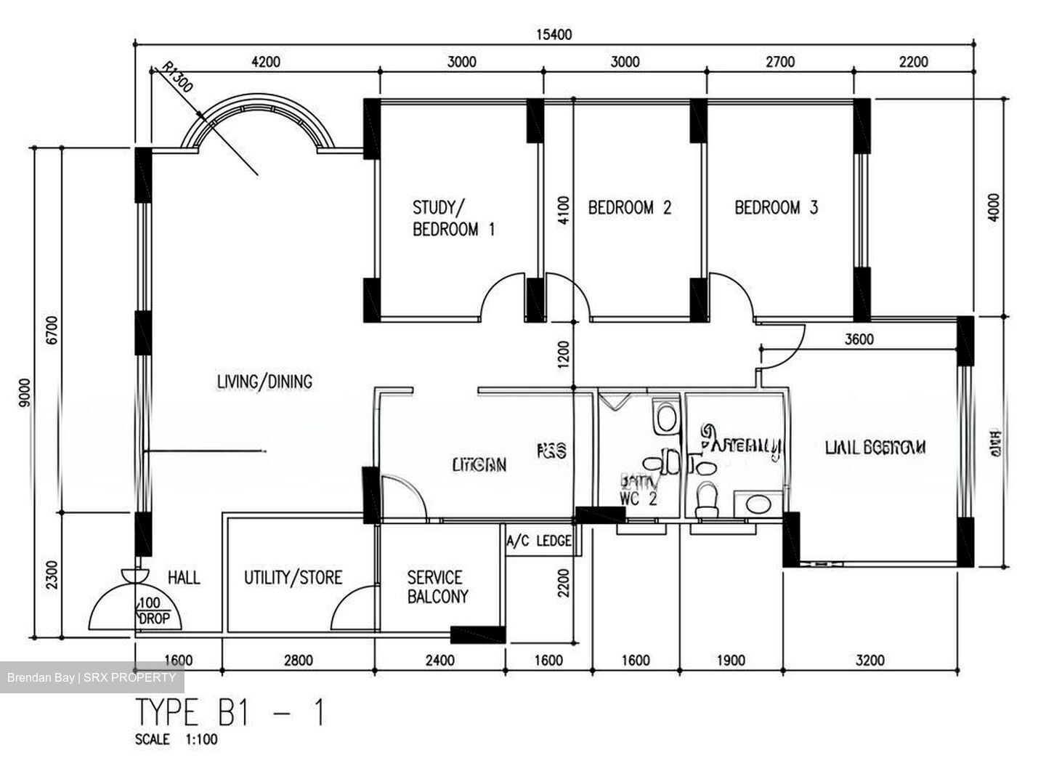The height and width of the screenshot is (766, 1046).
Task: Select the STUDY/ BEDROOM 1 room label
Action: [453, 219]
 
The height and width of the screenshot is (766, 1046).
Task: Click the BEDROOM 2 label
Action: [629, 208]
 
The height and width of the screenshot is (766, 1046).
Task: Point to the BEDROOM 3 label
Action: [776, 208]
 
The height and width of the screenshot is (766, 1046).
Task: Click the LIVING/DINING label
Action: [264, 381]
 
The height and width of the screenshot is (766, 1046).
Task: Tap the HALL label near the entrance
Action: [184, 578]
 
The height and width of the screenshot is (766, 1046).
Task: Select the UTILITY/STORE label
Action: [293, 578]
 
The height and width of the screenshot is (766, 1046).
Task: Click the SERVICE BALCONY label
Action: [437, 587]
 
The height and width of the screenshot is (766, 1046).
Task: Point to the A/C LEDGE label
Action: [539, 541]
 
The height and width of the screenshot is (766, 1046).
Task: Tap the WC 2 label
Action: [638, 499]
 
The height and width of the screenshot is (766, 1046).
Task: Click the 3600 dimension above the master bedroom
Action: [859, 339]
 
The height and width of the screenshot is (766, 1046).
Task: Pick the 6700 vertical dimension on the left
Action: [50, 328]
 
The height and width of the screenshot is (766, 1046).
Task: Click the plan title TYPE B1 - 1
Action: [230, 713]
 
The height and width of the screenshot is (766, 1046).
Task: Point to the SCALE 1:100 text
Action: [176, 740]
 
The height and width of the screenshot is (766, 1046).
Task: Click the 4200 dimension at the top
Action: [265, 62]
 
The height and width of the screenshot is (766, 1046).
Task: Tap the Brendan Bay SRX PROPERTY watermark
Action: [92, 677]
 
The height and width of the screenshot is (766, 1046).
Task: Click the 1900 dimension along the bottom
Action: [731, 660]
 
